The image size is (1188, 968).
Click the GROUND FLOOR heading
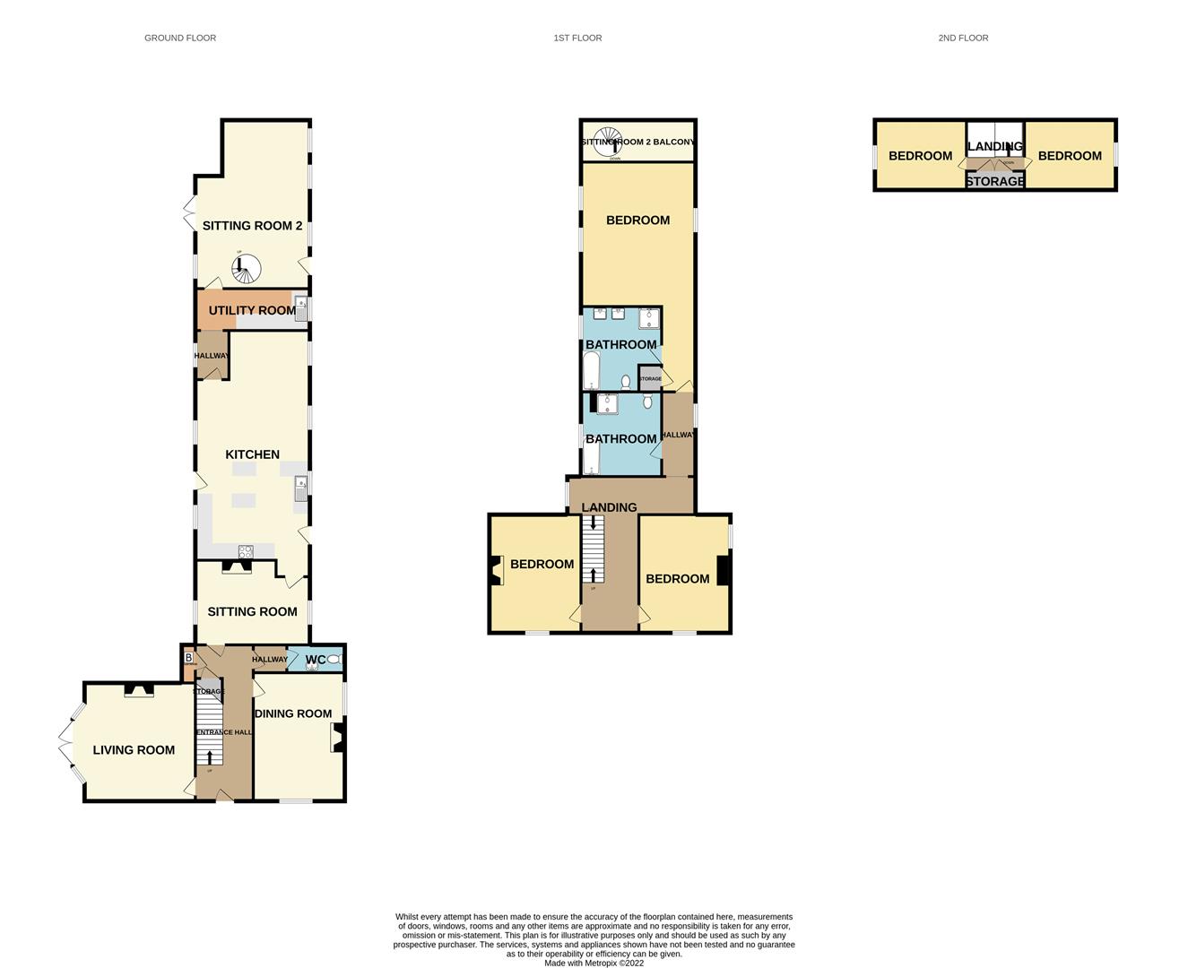(x=180, y=38)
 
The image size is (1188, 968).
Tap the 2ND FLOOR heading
(x=963, y=38)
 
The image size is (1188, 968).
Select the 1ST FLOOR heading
(x=577, y=38)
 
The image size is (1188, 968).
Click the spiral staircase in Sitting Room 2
(x=245, y=267)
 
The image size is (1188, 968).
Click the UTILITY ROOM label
(x=251, y=310)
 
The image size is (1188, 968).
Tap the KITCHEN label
(x=252, y=454)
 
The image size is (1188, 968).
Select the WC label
(x=315, y=660)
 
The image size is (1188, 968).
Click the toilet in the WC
(x=334, y=660)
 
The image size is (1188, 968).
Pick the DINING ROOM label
(x=293, y=713)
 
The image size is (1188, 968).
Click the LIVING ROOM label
(x=134, y=750)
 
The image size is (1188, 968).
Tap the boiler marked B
(x=188, y=658)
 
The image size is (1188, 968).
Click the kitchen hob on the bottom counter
(x=245, y=551)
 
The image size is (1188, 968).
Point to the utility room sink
(x=301, y=309)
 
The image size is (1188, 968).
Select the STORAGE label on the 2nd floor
(x=994, y=181)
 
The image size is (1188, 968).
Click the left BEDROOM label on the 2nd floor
(x=920, y=156)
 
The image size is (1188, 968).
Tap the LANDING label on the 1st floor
(x=609, y=507)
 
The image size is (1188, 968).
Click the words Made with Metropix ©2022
(x=594, y=963)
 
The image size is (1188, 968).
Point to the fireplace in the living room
(x=138, y=689)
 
